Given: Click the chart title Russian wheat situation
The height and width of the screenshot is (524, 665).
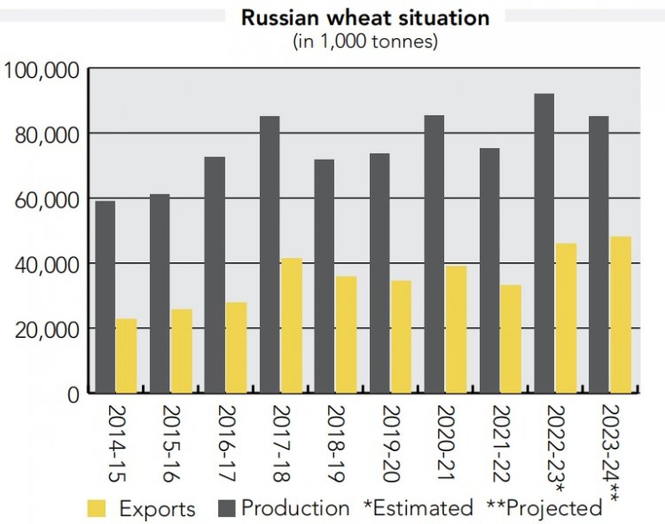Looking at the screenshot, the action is [x=365, y=18].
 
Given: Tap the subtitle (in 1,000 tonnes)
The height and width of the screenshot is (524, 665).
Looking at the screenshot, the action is [x=365, y=42].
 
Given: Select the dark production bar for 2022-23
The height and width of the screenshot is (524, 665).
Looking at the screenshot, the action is [x=544, y=243].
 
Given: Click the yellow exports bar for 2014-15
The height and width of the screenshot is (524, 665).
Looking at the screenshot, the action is [x=126, y=356].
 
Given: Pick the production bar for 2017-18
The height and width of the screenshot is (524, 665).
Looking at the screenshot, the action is [x=270, y=254].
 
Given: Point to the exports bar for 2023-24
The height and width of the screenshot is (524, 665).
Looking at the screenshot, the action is [x=621, y=315].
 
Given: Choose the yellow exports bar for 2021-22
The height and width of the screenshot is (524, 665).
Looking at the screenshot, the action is [x=511, y=340].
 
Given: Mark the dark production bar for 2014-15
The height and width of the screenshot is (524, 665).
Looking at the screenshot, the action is [x=106, y=297].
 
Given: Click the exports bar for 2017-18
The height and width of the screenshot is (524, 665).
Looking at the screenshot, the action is [x=292, y=325].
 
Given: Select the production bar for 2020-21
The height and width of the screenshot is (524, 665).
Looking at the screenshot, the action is [x=434, y=254].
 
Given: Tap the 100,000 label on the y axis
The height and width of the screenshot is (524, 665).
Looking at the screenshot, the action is [x=42, y=70].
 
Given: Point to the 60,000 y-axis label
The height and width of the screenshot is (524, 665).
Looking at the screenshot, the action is [x=47, y=200].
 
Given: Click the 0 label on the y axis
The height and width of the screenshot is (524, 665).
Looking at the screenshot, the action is [x=74, y=395].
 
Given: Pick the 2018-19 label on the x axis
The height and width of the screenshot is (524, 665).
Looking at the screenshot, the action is [x=336, y=444].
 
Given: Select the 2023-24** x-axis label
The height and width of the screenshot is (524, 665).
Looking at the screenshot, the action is [x=611, y=454].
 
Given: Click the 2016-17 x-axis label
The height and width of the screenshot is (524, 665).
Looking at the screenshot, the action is [x=226, y=444].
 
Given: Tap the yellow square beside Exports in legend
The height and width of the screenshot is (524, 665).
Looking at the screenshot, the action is [x=97, y=508].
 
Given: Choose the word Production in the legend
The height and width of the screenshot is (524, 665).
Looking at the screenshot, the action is [x=295, y=508].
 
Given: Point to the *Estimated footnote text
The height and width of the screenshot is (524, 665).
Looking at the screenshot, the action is [x=419, y=508].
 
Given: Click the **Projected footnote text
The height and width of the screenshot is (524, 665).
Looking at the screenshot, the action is [x=544, y=508].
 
